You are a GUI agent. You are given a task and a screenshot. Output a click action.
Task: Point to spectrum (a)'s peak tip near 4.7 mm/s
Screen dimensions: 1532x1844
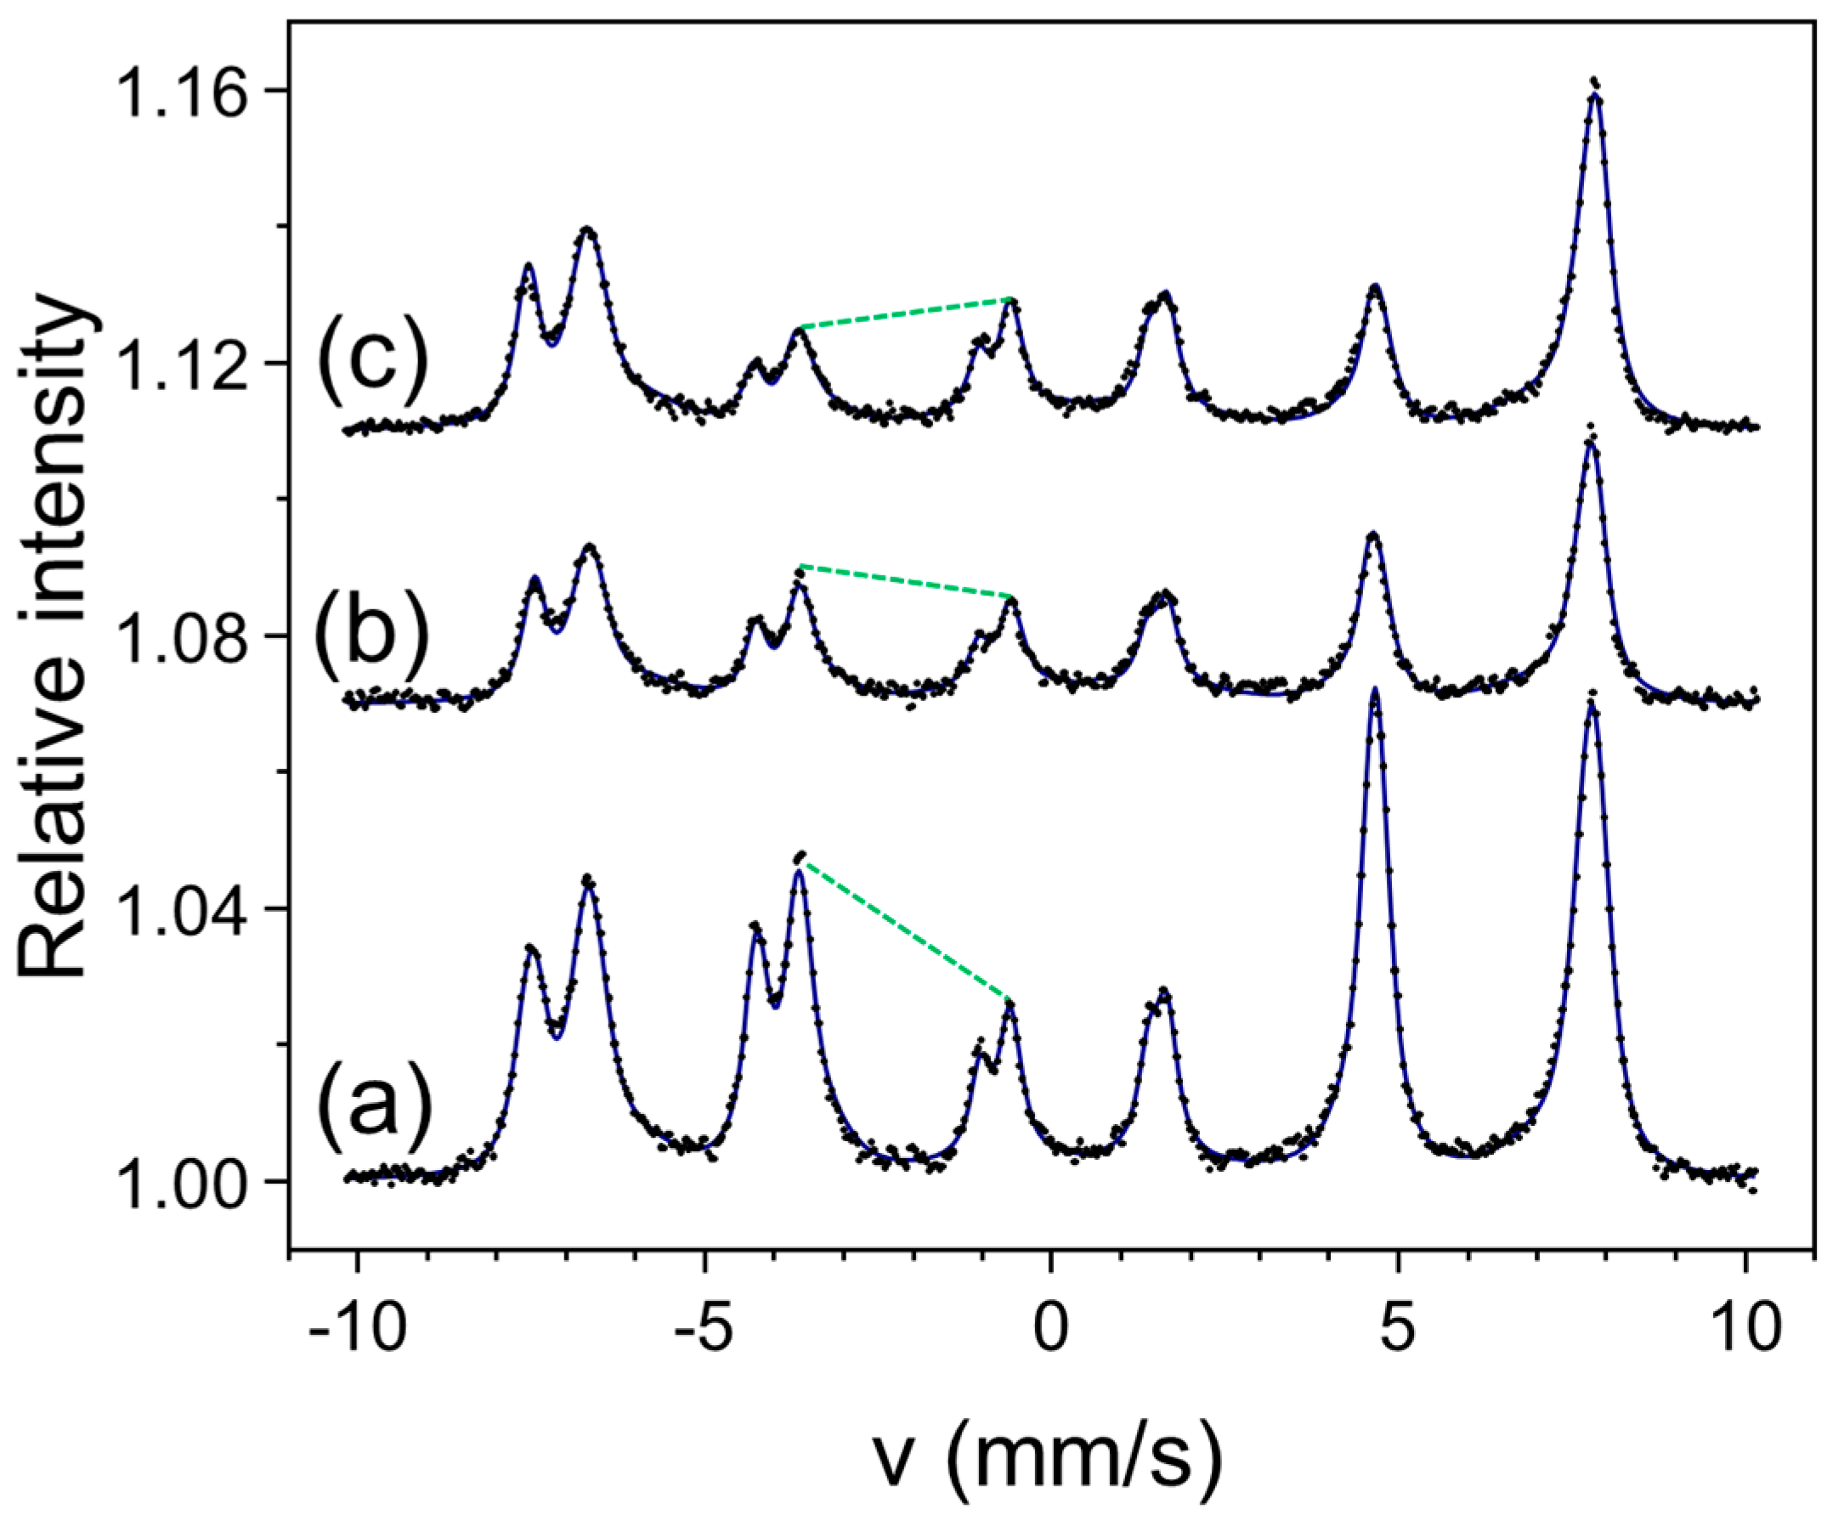tap(1375, 692)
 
